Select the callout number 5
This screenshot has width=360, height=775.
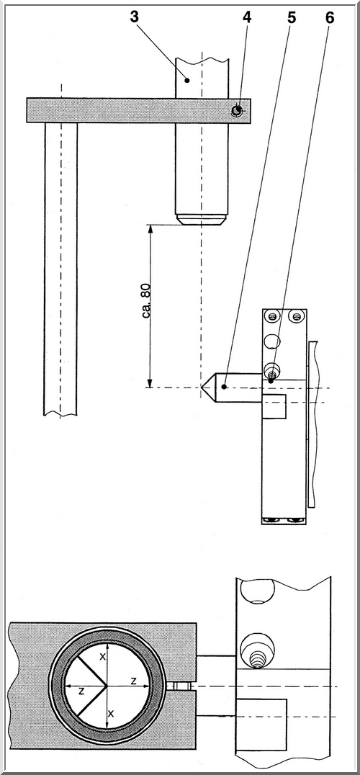292,17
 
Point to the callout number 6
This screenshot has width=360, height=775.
330,17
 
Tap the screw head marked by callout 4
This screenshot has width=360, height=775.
238,111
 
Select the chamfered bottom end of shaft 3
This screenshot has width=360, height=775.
202,218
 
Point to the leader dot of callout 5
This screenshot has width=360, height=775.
224,387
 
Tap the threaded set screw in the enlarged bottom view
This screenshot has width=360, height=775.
257,659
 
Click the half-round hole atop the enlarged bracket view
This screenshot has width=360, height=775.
257,591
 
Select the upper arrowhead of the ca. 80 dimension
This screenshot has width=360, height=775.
150,229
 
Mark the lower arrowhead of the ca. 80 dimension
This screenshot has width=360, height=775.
150,383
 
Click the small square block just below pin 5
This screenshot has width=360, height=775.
274,407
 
